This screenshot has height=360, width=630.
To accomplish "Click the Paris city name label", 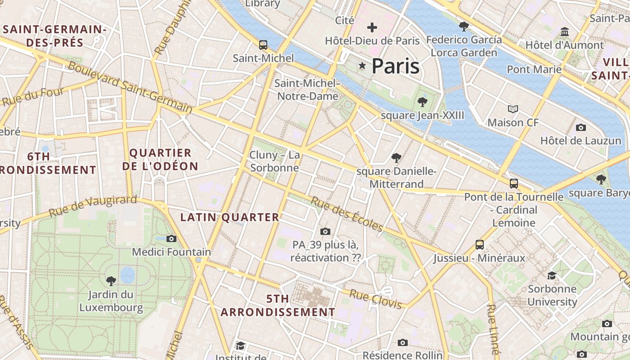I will click(x=396, y=66).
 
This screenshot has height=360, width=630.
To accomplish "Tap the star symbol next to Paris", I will click(x=362, y=66).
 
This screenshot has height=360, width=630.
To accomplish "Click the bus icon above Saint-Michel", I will click(x=263, y=45).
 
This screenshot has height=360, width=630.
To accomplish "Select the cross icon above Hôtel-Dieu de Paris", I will click(x=372, y=27).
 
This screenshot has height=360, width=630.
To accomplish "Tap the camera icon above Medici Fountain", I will click(x=171, y=238).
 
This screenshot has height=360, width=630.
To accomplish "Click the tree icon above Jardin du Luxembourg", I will click(x=111, y=281).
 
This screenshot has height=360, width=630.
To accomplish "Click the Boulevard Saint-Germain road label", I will click(x=130, y=87).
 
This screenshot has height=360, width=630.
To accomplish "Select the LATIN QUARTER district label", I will click(x=230, y=217).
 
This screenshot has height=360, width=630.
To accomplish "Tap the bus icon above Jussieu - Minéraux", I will click(x=480, y=245).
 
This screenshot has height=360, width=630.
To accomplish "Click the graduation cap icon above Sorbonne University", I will click(x=552, y=275).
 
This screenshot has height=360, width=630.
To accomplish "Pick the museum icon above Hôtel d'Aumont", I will click(x=565, y=31).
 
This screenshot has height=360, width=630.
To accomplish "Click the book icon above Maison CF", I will click(x=513, y=109).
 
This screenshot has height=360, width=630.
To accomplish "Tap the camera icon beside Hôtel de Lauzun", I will click(x=580, y=127).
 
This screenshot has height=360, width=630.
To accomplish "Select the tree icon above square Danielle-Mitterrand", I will click(x=396, y=157).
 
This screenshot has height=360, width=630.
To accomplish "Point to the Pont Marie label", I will click(x=534, y=69).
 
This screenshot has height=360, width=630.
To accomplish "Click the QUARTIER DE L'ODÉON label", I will click(x=160, y=159).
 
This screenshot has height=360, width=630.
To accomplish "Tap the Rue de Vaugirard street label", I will click(x=93, y=206).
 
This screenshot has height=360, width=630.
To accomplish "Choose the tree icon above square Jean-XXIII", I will click(x=422, y=102).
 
